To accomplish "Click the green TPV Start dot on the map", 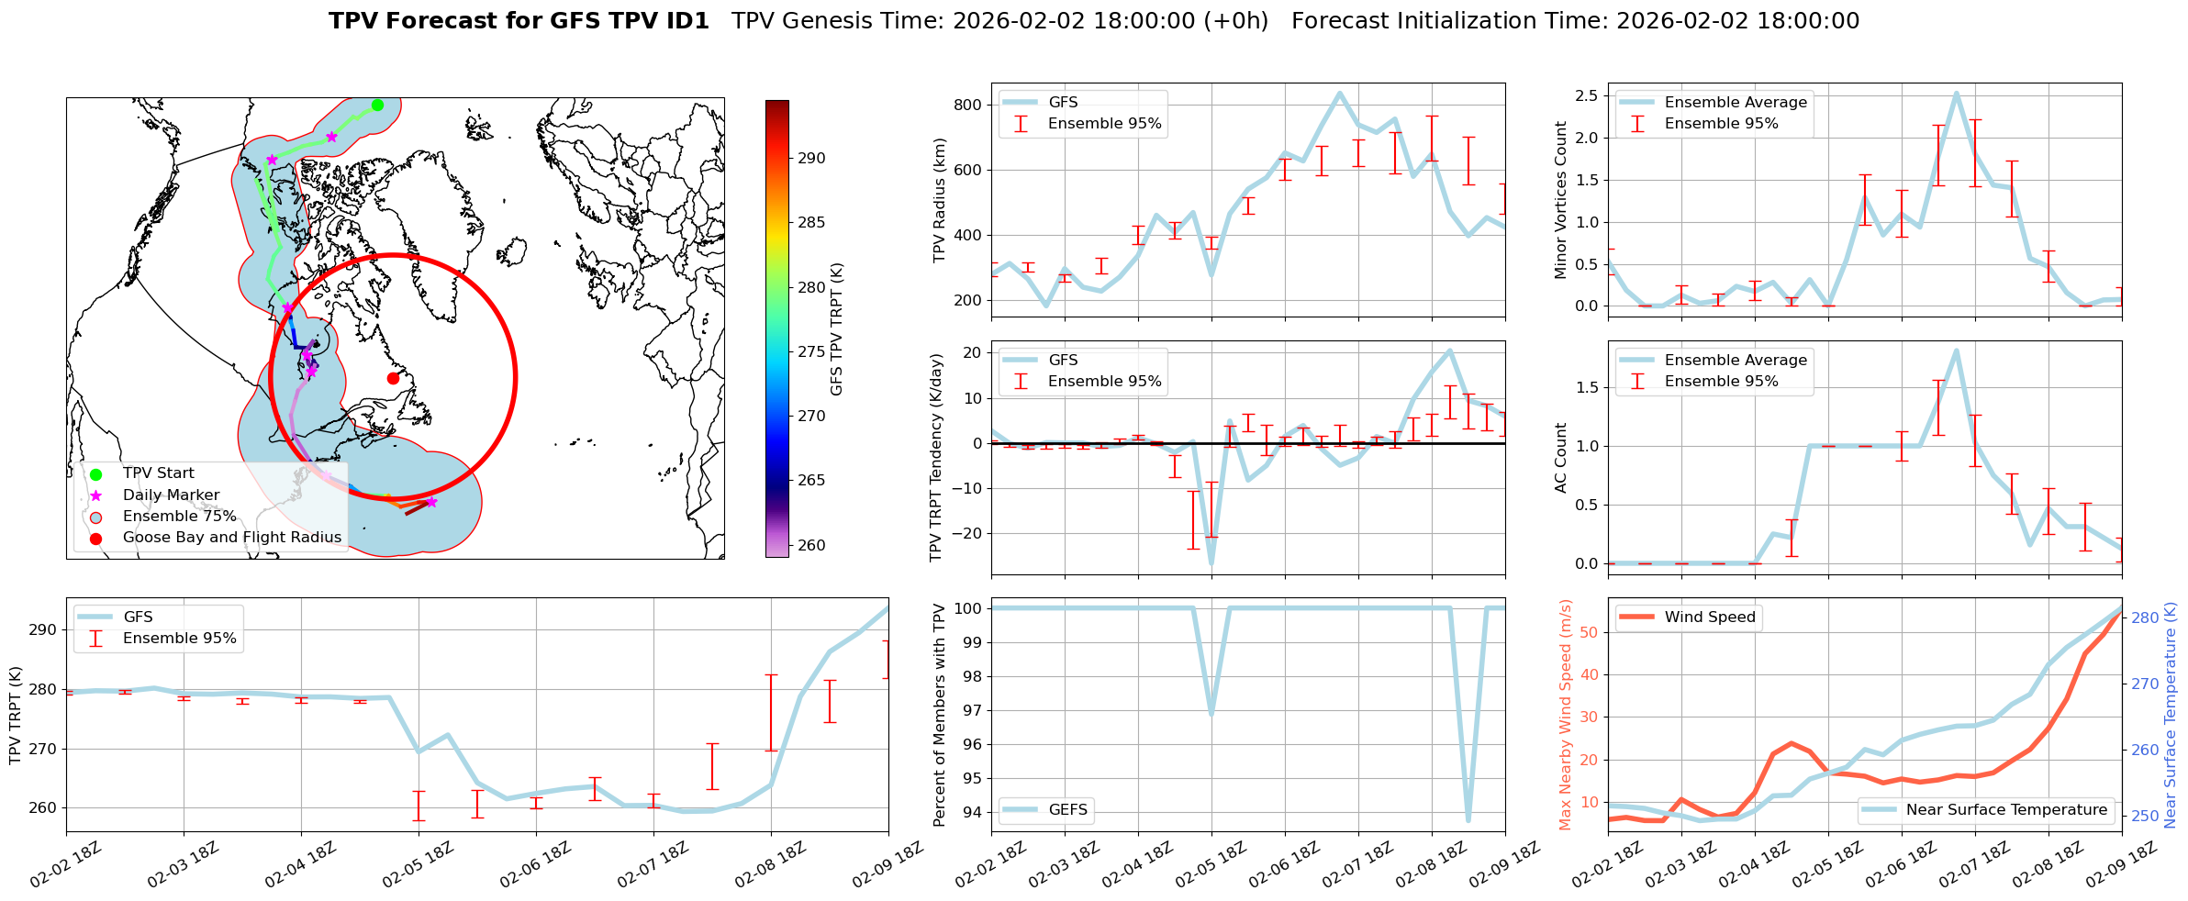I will coord(377,105).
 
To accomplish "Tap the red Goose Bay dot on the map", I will coord(393,378).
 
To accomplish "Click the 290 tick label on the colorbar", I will coord(811,158).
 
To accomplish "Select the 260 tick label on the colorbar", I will coord(811,545).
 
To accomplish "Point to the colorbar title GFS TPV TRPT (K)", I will coord(836,329).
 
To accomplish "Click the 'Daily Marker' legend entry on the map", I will coord(171,495).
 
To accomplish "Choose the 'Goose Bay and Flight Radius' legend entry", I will coord(231,538).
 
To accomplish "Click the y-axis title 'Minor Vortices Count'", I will coord(1561,200).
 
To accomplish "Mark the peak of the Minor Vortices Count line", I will coord(1957,93).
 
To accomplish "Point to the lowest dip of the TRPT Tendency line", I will coord(1211,563).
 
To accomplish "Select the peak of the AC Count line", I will coord(1957,350).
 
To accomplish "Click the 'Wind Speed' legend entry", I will coord(1710,617).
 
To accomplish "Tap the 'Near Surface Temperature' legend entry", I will coord(2006,810).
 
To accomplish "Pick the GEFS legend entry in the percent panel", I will coord(1067,810).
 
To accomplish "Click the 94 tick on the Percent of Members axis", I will coord(970,812).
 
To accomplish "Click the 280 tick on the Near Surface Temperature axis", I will coord(2145,617).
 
